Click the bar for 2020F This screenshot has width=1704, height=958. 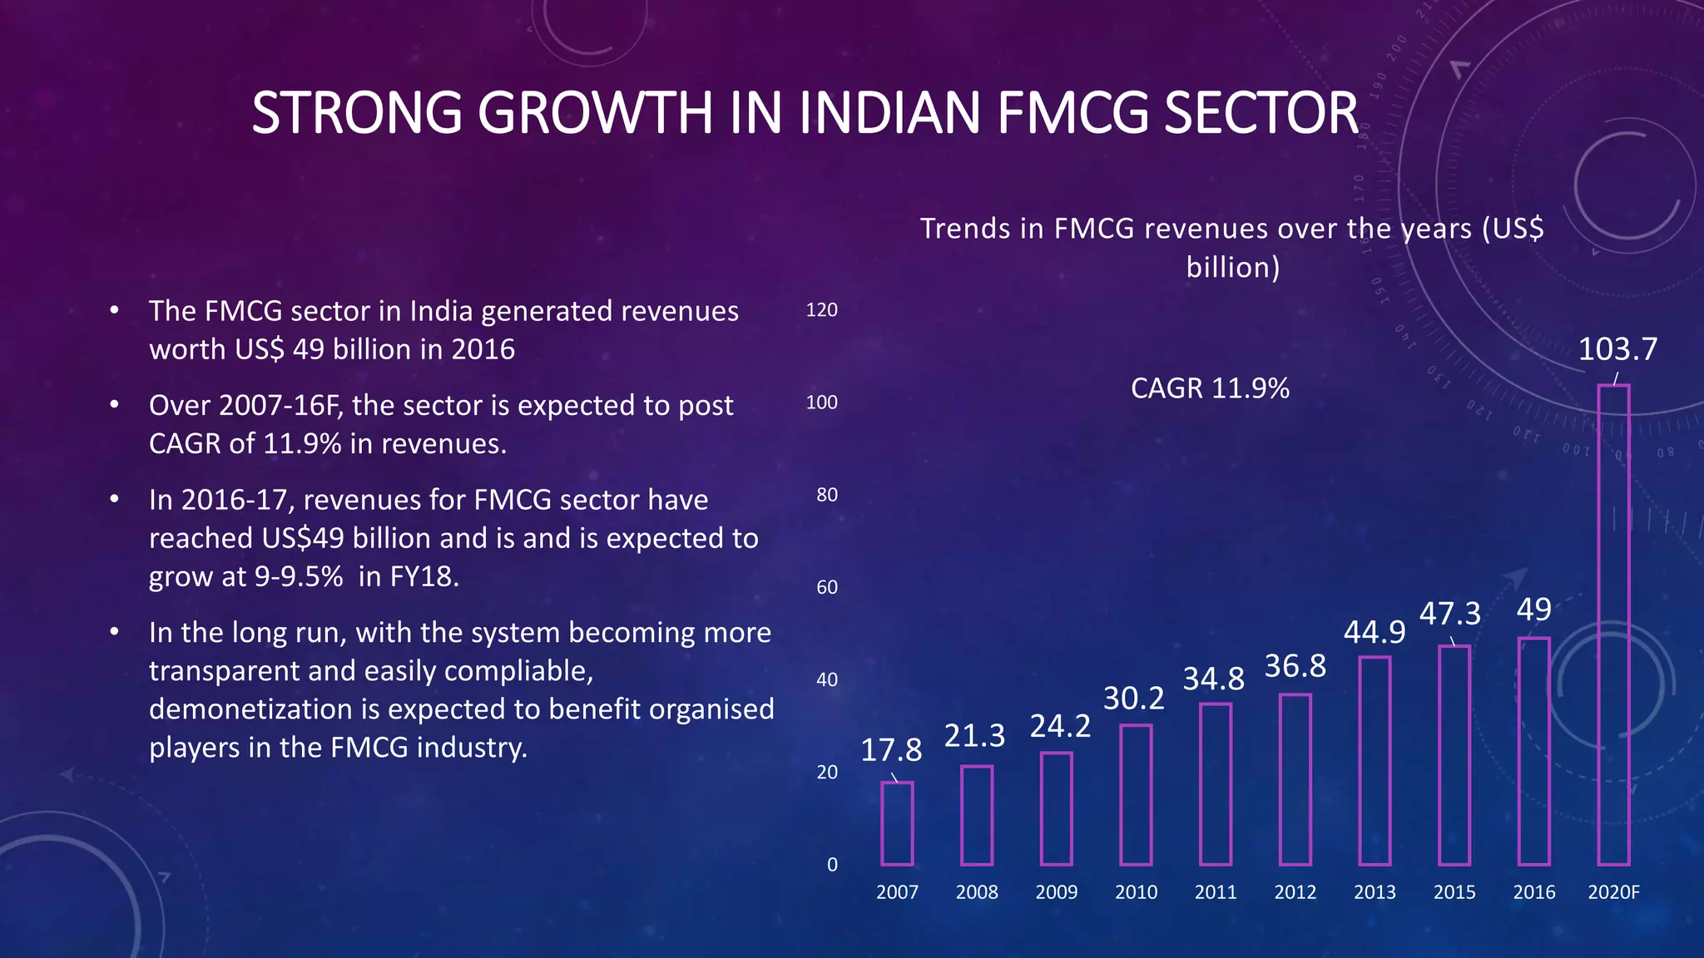click(x=1613, y=625)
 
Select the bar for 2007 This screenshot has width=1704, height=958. click(x=897, y=823)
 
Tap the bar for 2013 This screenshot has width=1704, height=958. click(x=1375, y=761)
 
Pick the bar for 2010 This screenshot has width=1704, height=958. click(x=1136, y=795)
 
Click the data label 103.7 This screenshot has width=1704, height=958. click(x=1617, y=349)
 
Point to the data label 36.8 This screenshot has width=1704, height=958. click(x=1295, y=666)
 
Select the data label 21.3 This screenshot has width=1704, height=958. click(x=974, y=736)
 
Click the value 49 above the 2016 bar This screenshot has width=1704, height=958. click(x=1533, y=610)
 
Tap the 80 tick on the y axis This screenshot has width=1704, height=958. click(x=826, y=495)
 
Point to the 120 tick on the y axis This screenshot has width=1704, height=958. click(x=821, y=310)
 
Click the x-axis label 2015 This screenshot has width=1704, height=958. click(x=1454, y=892)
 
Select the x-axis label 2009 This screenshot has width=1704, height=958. click(x=1056, y=892)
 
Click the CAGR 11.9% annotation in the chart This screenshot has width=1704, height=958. click(x=1209, y=388)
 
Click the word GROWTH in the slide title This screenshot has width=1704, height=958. click(x=594, y=113)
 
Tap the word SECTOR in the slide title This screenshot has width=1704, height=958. click(x=1261, y=113)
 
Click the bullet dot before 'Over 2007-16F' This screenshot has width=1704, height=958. click(x=115, y=405)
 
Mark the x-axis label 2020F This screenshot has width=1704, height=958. click(x=1613, y=892)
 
